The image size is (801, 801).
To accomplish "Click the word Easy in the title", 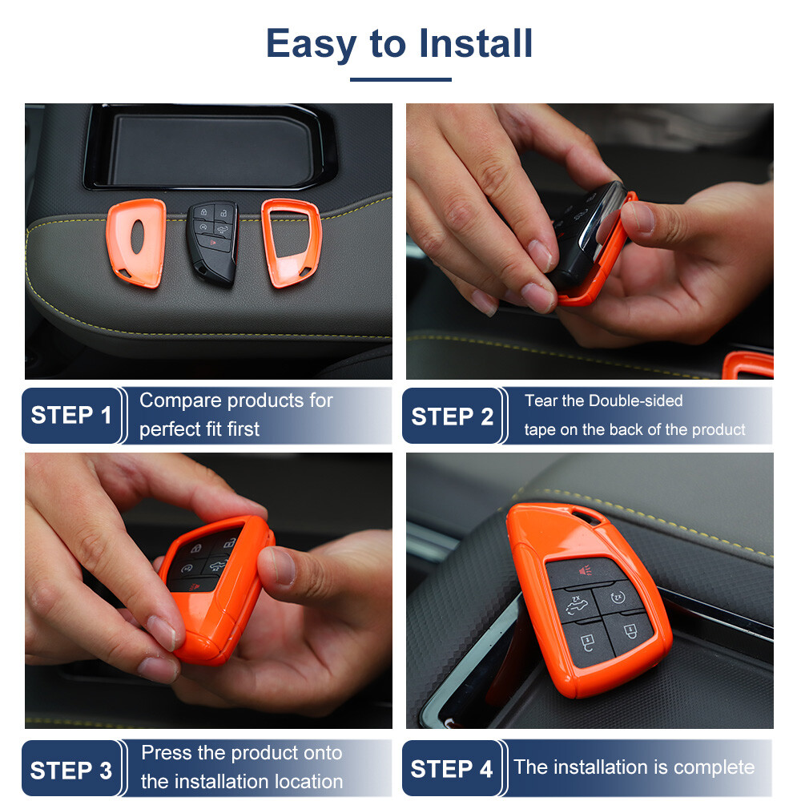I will pyautogui.click(x=312, y=44).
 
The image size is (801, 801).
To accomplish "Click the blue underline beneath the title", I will pyautogui.click(x=400, y=79).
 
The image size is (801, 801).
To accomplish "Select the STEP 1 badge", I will pyautogui.click(x=71, y=416).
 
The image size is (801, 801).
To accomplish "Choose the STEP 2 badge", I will pyautogui.click(x=452, y=417).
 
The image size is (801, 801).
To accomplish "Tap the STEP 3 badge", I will pyautogui.click(x=71, y=771).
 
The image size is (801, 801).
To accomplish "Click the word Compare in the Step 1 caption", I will pyautogui.click(x=180, y=400).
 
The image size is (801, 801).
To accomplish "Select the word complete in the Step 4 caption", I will pyautogui.click(x=714, y=767).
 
